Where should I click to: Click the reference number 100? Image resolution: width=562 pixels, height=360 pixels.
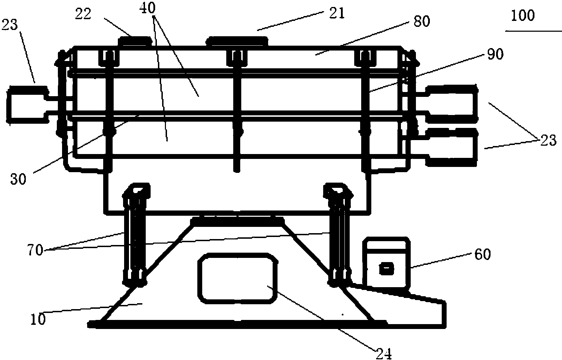[523, 16]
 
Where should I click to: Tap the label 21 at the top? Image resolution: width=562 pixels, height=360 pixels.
[337, 13]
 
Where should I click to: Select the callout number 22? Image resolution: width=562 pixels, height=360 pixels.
[83, 14]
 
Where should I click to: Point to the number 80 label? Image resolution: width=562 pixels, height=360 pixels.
[422, 21]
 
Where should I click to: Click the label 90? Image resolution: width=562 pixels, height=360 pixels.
[495, 54]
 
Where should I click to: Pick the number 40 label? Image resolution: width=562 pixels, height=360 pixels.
[147, 8]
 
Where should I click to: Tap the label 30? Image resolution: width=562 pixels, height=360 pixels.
[18, 179]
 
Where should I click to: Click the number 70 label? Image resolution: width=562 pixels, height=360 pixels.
[35, 250]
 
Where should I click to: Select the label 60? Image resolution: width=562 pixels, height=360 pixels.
[483, 255]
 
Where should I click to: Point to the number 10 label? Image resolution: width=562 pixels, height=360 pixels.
[38, 319]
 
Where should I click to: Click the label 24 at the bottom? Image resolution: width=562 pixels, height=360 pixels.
[383, 354]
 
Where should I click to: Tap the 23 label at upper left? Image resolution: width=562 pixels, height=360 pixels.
[9, 25]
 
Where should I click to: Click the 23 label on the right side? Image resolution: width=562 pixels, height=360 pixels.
[548, 140]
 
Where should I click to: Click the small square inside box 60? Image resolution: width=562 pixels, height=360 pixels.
[387, 269]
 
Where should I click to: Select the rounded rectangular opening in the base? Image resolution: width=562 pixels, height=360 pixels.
[238, 278]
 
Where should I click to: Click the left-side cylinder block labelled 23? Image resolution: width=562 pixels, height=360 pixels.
[28, 105]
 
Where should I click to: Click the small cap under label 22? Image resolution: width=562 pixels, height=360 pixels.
[135, 41]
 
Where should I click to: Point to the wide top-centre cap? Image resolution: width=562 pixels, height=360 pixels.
[237, 41]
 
